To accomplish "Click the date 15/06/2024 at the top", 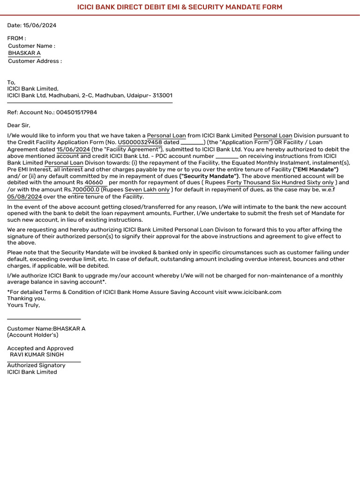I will point(39,25).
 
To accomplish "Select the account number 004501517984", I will point(76,112).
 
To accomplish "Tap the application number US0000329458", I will point(140,142).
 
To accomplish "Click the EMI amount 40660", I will point(94,182).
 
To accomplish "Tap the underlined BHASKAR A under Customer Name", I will point(24,53).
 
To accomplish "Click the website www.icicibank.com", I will point(255,292).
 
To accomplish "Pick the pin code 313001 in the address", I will point(162,96).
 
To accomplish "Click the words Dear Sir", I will point(18,125).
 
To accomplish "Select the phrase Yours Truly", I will point(23,305).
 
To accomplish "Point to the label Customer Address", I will point(35,61).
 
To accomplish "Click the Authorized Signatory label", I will point(36,365).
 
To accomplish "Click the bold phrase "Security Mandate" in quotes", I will point(209,176).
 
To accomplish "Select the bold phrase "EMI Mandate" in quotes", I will point(315,169).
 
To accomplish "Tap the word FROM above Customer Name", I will point(15,38).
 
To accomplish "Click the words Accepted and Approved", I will point(40,348).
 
